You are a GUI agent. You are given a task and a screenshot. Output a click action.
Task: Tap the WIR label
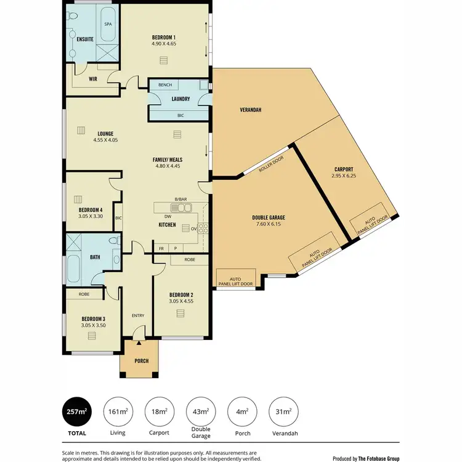(x=93, y=79)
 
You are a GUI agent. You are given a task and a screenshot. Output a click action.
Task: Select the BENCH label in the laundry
(x=164, y=85)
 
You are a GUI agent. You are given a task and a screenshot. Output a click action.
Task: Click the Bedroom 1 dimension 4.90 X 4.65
(x=164, y=44)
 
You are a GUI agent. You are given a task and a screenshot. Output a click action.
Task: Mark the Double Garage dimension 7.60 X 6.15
(x=268, y=224)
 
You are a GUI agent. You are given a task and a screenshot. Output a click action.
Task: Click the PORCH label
(x=141, y=360)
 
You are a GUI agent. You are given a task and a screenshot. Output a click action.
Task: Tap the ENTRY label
(x=137, y=316)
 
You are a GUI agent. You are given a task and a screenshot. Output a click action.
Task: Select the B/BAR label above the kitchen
(x=180, y=200)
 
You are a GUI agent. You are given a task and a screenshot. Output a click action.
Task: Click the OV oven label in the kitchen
(x=193, y=229)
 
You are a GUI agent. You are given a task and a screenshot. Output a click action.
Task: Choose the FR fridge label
(x=161, y=248)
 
